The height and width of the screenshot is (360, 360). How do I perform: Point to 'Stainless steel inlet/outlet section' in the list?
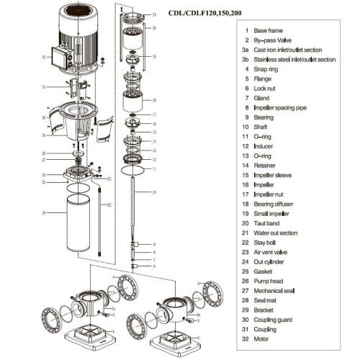coord(295,60)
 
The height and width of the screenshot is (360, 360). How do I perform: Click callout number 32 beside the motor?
coord(43,56)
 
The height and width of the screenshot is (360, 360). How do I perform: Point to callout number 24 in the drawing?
coord(43,213)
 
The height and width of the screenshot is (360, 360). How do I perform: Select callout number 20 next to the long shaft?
coord(154,193)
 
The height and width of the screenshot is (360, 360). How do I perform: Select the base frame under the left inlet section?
coord(84,336)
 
